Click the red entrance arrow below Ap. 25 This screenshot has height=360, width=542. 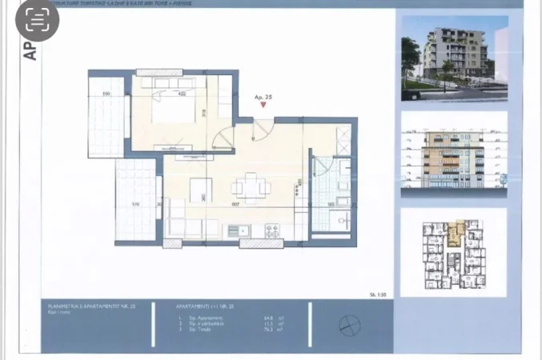coord(262,106)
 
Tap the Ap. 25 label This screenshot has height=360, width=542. coord(263,97)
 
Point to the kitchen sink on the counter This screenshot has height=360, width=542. coord(237,231)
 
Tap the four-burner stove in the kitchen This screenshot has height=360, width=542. coord(272,230)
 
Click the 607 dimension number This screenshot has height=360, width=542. coord(236,205)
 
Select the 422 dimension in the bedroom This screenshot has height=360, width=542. coord(182,94)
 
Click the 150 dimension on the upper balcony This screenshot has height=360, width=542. coord(106,94)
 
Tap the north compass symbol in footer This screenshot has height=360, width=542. coord(349,325)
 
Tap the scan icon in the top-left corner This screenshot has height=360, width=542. coord(37,21)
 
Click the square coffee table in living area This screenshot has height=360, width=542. coord(201,189)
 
